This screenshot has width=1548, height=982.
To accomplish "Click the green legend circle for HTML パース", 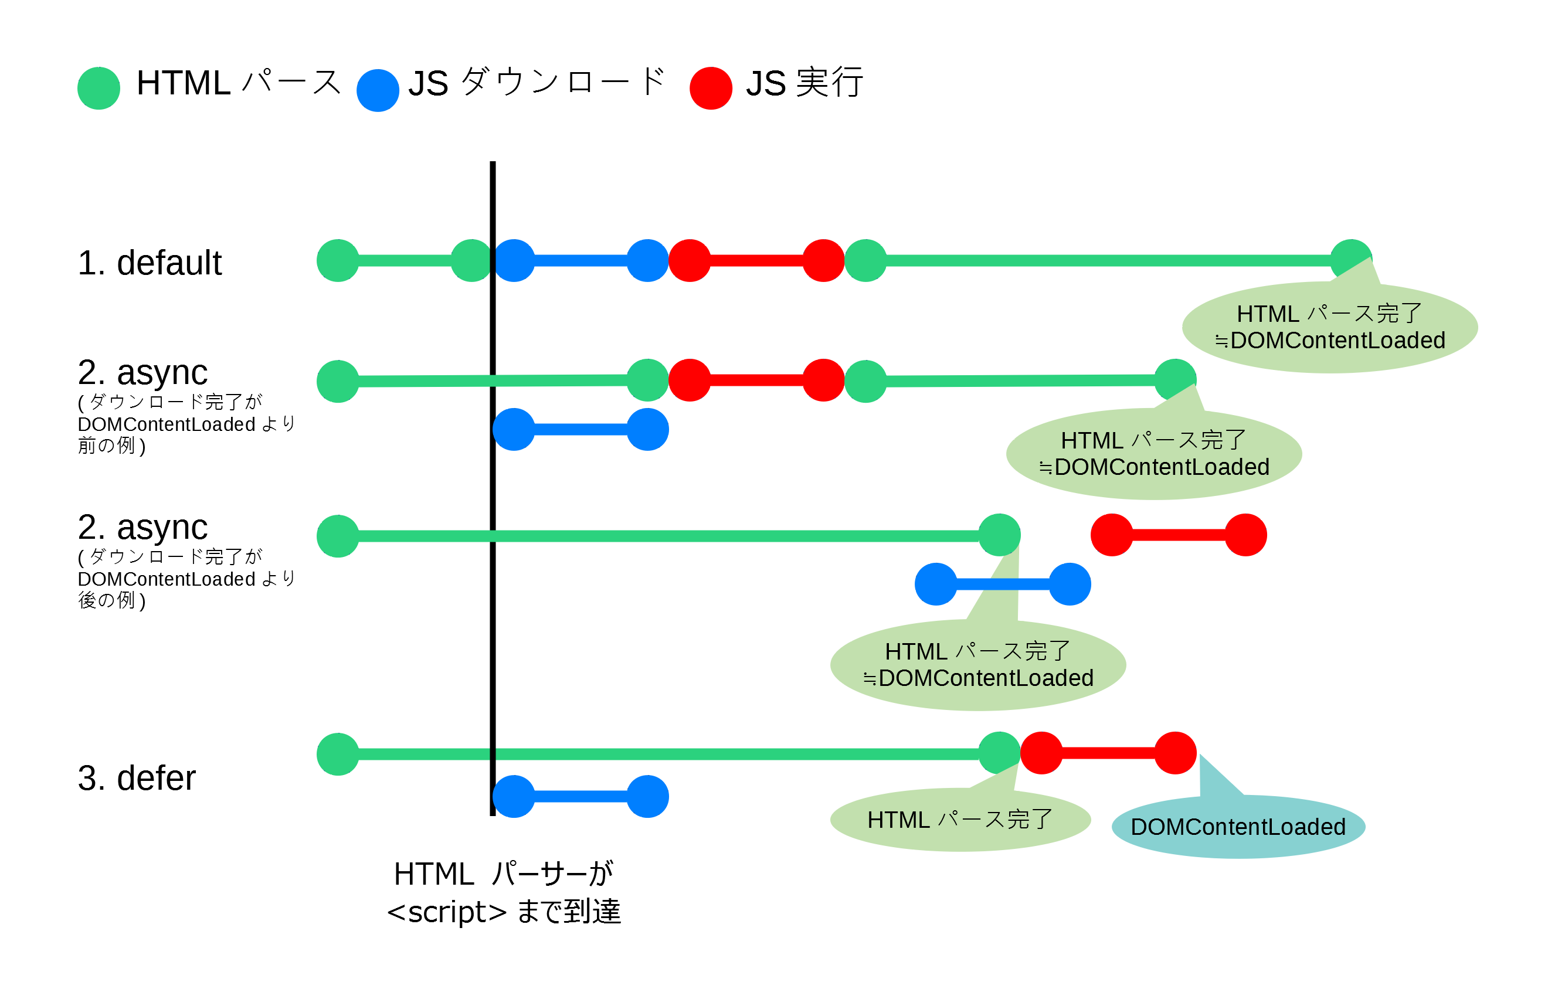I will tap(99, 88).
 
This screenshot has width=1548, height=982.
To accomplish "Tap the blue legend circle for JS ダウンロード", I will tap(378, 90).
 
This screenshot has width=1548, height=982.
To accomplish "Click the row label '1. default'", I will tap(149, 263).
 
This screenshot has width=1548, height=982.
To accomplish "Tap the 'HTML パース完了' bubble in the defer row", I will tap(960, 820).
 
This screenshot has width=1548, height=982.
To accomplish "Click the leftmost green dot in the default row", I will tap(338, 260).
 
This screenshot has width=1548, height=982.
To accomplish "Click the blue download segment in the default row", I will tap(580, 260).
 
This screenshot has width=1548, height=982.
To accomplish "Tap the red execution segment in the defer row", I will tap(1108, 753).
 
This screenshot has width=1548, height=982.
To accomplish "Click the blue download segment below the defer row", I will tap(580, 796).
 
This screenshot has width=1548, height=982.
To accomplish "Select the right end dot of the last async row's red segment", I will tap(1245, 535).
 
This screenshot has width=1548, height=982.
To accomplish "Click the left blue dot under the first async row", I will tap(513, 429).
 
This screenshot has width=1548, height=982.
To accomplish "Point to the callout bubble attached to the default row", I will tap(1329, 328).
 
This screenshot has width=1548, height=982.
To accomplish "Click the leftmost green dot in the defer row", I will tap(338, 754).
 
